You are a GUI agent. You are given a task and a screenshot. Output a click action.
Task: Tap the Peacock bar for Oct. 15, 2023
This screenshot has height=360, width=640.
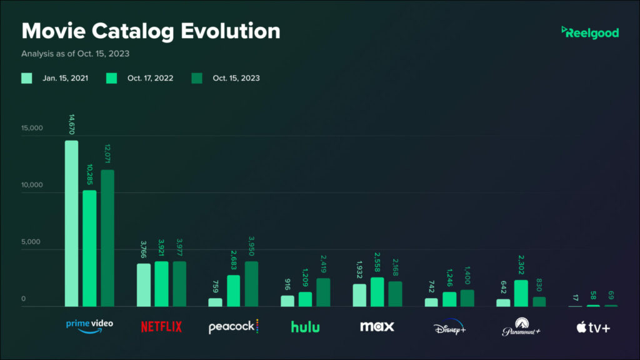pos(251,284)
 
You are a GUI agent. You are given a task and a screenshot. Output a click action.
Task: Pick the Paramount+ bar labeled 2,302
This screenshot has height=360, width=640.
pos(521,293)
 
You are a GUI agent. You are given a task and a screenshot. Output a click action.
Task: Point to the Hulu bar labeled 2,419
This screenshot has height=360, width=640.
pos(323,292)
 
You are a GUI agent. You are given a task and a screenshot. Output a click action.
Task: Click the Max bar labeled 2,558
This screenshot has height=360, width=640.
pos(377,292)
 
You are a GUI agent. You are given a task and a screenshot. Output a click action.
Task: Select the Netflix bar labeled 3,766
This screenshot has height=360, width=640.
pos(144,285)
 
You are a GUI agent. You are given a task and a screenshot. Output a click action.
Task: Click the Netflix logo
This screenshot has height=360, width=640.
pos(161,326)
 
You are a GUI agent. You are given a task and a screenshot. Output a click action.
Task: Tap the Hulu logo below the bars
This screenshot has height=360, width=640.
pos(305,326)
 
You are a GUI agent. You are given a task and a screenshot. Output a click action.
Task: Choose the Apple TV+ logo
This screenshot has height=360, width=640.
pos(593,326)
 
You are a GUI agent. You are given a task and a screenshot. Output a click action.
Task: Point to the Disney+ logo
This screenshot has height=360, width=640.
pos(449,327)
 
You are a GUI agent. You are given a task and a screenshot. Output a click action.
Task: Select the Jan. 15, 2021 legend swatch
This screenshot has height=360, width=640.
pos(27,78)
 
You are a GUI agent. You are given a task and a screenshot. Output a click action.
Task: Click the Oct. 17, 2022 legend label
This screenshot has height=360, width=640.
pos(150,78)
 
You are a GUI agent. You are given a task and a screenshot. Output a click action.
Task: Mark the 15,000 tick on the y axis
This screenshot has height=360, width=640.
pos(32,129)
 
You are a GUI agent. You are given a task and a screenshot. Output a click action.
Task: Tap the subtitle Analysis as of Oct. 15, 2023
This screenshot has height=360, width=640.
pos(75,54)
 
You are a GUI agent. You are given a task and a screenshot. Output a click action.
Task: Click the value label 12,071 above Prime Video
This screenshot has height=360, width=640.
pos(107,152)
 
